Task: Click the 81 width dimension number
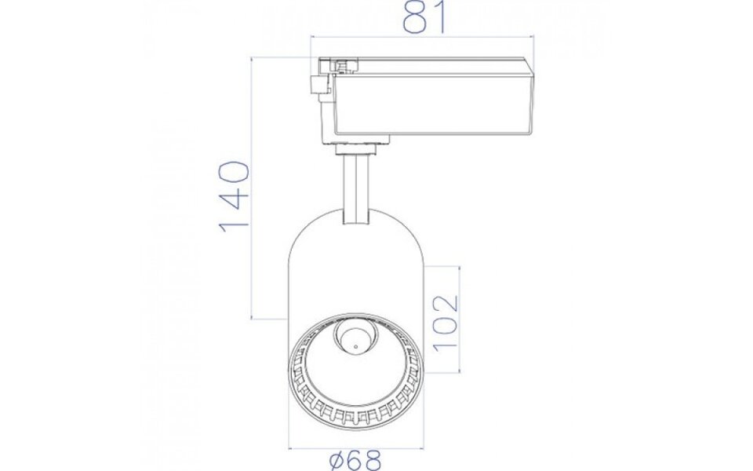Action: [422, 19]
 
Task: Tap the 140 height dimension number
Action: [234, 196]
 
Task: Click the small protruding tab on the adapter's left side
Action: [320, 86]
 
